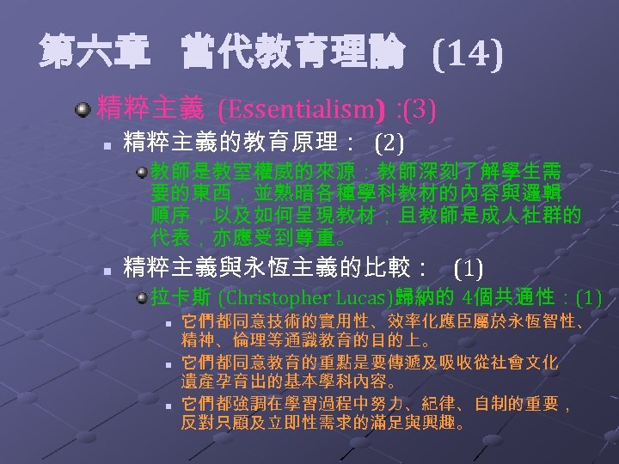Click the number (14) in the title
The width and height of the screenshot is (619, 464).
point(467,56)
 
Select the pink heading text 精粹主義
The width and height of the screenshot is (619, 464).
point(150,109)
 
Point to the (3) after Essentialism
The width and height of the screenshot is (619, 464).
point(420,110)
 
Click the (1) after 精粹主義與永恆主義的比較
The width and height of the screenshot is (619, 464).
point(467,267)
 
